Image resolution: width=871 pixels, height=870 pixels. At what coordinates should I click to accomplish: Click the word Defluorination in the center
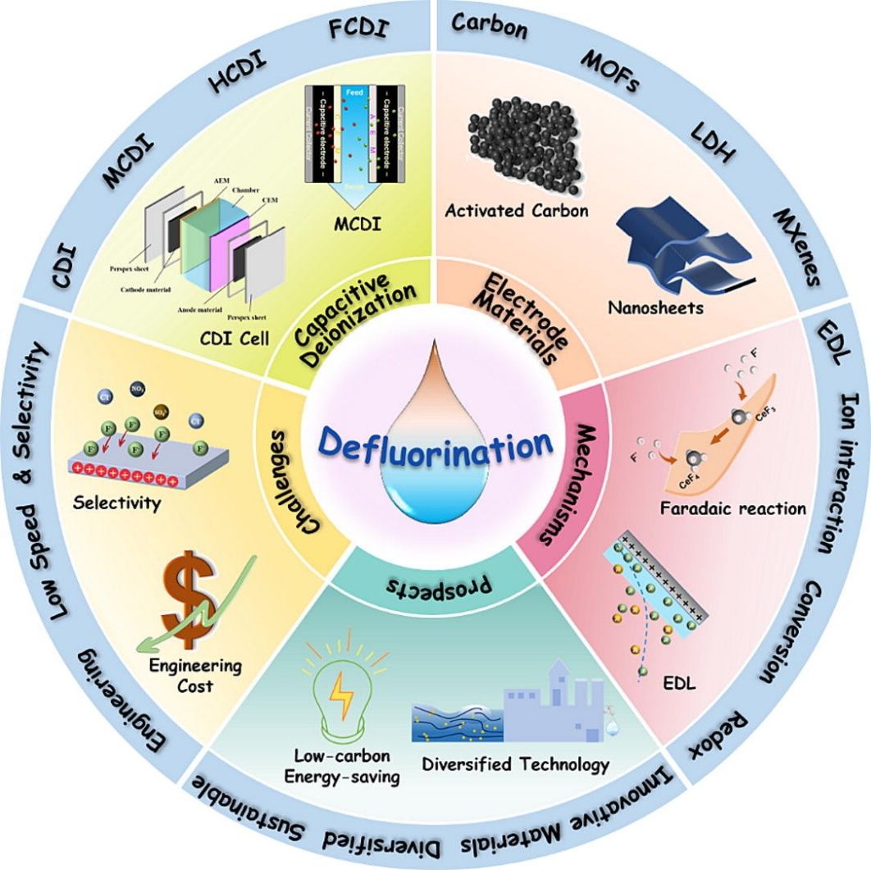(435, 447)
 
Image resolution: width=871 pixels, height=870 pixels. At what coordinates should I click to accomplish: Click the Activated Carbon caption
(517, 211)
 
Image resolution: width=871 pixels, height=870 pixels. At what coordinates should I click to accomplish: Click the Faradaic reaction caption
(732, 508)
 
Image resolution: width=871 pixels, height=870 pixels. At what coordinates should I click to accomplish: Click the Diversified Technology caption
(516, 765)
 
